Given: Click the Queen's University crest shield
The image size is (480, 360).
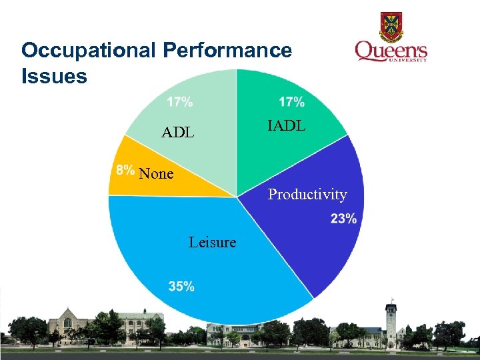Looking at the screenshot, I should click(391, 26).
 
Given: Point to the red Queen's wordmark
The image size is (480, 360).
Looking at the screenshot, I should click(391, 51).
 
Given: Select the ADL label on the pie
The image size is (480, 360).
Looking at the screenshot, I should click(177, 133).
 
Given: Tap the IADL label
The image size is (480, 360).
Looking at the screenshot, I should click(286, 125).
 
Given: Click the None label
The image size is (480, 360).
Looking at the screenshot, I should click(156, 174).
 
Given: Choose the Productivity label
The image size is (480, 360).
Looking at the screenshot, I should click(307, 195).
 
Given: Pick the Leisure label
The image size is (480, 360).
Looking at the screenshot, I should click(212, 242).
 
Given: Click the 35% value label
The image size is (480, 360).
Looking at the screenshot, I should click(181, 287).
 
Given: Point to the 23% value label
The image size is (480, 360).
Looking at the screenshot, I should click(343, 219).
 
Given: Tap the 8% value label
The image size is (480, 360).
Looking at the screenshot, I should click(125, 169).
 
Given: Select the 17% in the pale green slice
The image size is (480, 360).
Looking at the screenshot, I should click(180, 102).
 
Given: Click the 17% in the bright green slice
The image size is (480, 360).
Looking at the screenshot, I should click(291, 102).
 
